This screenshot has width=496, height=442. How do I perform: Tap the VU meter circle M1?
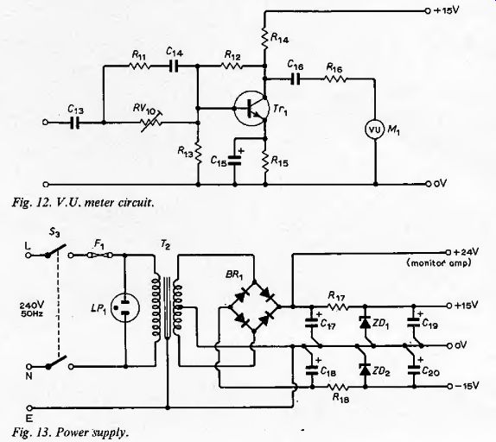pyautogui.click(x=376, y=129)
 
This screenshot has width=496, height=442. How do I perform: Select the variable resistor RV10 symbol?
pyautogui.click(x=151, y=122)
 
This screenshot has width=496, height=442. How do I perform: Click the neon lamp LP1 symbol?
pyautogui.click(x=125, y=307)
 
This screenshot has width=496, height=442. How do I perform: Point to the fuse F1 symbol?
pyautogui.click(x=99, y=255)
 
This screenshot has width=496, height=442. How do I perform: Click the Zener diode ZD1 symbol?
pyautogui.click(x=366, y=322)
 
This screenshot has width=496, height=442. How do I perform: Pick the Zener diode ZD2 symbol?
pyautogui.click(x=366, y=369)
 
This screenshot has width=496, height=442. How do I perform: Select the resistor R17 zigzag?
pyautogui.click(x=338, y=306)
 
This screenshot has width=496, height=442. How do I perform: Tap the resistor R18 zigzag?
pyautogui.click(x=338, y=387)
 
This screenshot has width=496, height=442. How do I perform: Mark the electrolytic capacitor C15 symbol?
pyautogui.click(x=235, y=160)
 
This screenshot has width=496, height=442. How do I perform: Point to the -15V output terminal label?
pyautogui.click(x=467, y=386)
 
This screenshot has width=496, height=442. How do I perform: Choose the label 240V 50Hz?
pyautogui.click(x=32, y=309)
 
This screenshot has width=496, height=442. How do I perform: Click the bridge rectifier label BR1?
pyautogui.click(x=234, y=275)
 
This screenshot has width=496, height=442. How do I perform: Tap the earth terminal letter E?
pyautogui.click(x=29, y=419)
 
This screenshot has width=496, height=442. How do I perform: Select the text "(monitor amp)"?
pyautogui.click(x=439, y=262)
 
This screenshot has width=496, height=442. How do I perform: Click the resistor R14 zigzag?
pyautogui.click(x=265, y=39)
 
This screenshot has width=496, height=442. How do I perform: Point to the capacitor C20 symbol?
pyautogui.click(x=414, y=369)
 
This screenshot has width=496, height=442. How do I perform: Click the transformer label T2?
pyautogui.click(x=165, y=244)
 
